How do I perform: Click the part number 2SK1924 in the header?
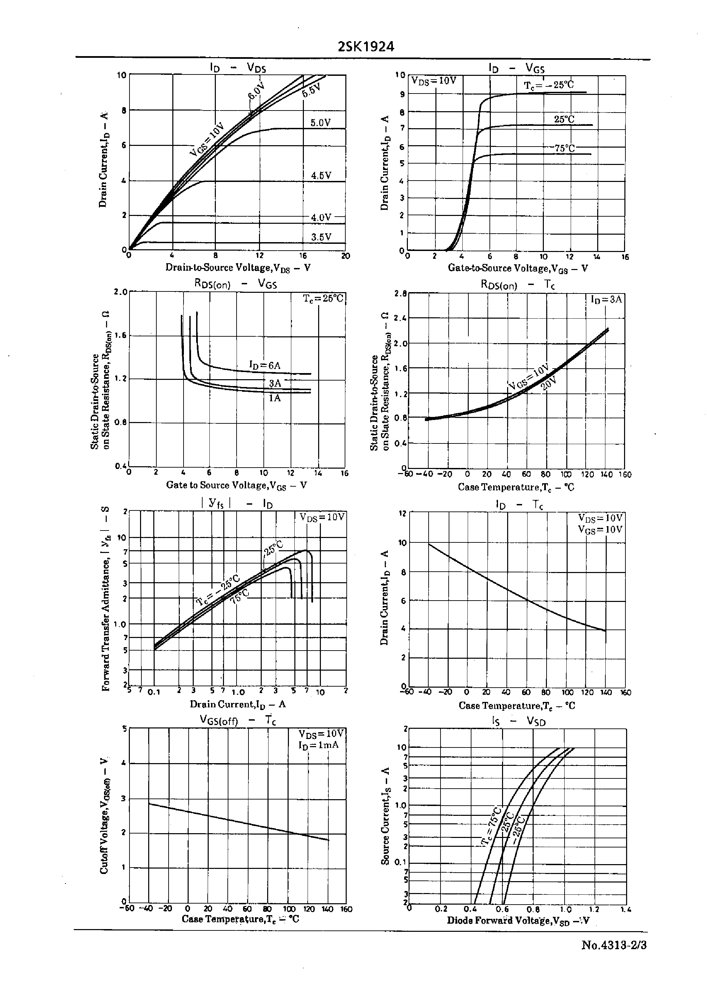click(366, 47)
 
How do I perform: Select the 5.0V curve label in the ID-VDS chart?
click(321, 123)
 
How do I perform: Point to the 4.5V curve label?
click(321, 175)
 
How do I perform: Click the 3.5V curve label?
click(321, 237)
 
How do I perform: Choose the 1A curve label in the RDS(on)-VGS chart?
click(274, 398)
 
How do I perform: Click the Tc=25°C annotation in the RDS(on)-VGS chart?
click(323, 299)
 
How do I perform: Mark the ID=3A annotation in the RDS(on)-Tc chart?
click(606, 299)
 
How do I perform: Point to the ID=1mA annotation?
click(318, 745)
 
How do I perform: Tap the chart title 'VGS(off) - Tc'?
click(238, 720)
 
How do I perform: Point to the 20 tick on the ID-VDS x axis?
click(345, 256)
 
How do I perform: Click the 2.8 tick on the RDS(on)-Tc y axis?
click(400, 293)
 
